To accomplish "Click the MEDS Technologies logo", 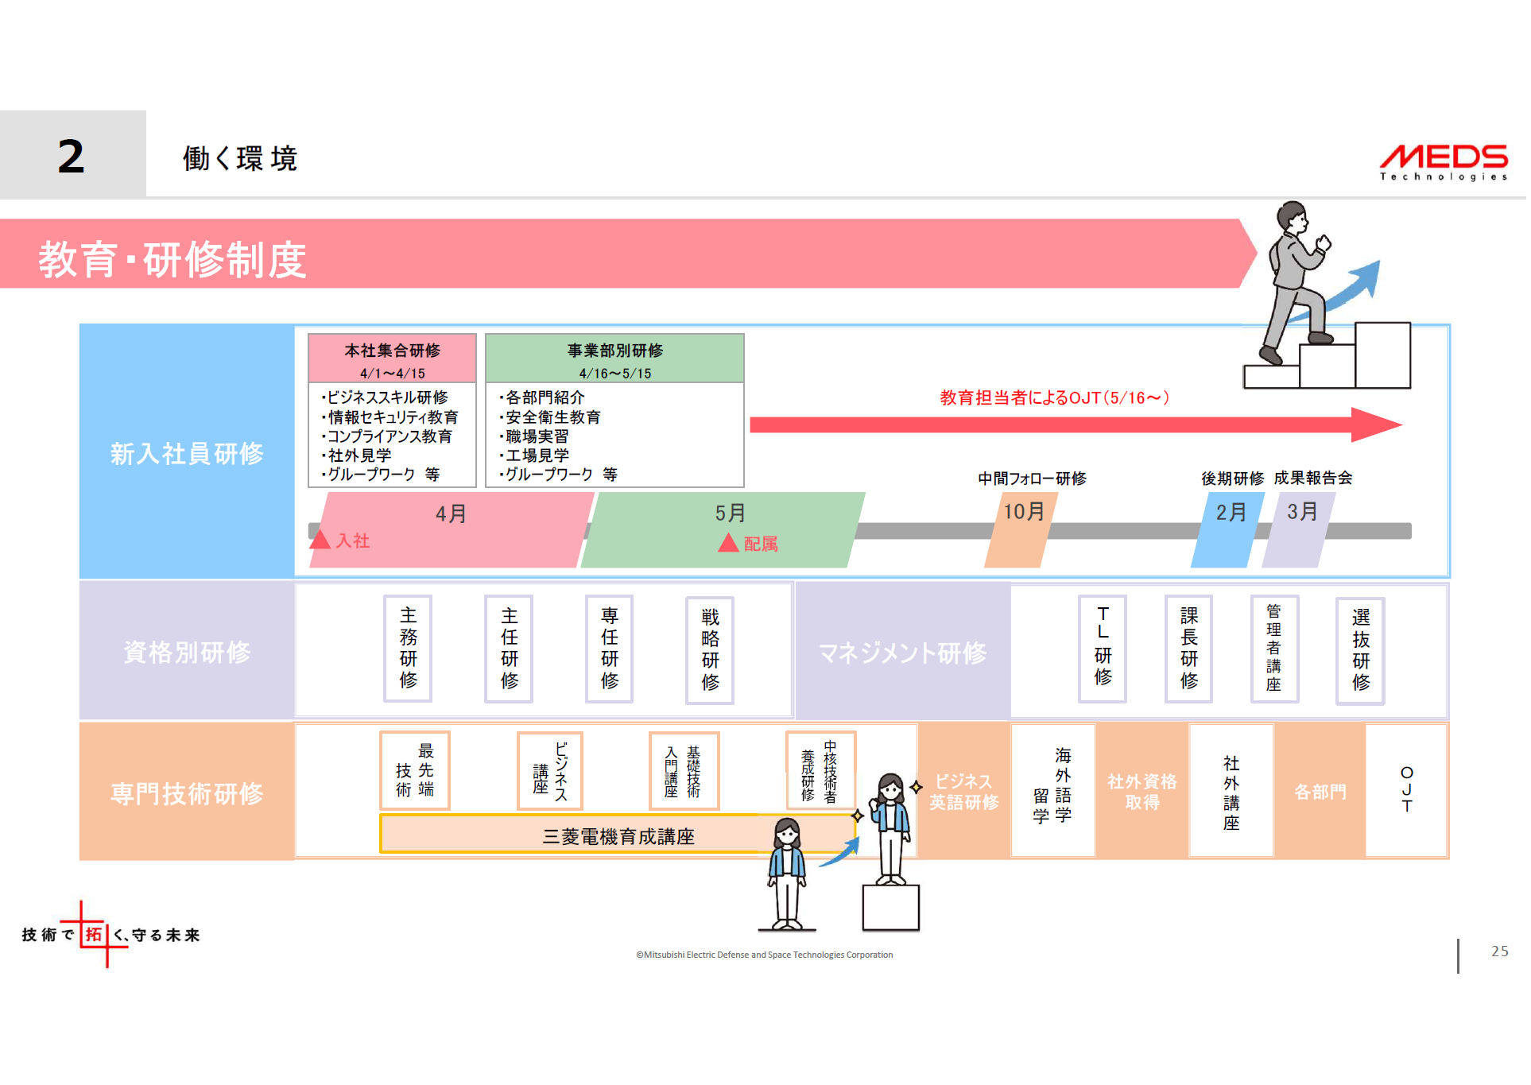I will [x=1443, y=161].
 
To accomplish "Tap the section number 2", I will [x=72, y=156].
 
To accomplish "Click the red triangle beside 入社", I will [x=320, y=540].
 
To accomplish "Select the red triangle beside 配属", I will [x=728, y=543].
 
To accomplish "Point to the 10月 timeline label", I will [x=1023, y=512].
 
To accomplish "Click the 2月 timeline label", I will [x=1231, y=513].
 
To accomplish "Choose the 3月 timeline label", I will [x=1301, y=512].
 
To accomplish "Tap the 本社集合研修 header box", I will [x=392, y=358].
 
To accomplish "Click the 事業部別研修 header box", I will [x=614, y=358].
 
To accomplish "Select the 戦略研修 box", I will [x=710, y=649].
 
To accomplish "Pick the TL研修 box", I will [x=1103, y=648].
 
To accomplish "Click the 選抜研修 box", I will [x=1360, y=649].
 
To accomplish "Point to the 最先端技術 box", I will [x=415, y=770].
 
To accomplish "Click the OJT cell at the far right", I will [x=1406, y=789].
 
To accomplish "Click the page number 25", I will [x=1499, y=951].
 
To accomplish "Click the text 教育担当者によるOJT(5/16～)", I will [x=1054, y=397].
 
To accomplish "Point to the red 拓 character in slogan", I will [x=94, y=935].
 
